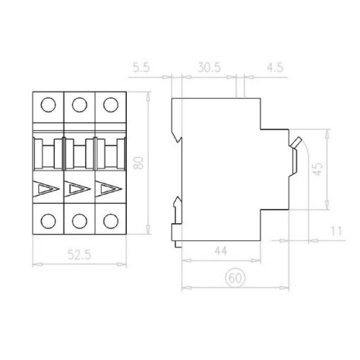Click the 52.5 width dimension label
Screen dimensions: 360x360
80,253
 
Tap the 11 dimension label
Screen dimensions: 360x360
336,230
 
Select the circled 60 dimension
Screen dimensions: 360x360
233,277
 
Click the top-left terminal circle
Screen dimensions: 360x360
49,105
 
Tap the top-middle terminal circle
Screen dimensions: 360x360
79,105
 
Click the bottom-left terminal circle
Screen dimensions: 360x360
49,220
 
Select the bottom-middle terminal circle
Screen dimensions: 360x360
79,220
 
